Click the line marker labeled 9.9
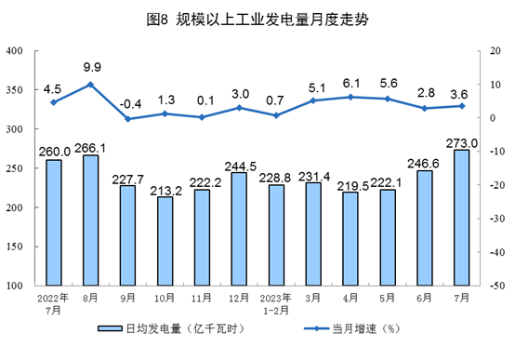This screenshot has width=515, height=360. pyautogui.click(x=90, y=85)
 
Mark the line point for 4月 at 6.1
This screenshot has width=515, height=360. pyautogui.click(x=350, y=97)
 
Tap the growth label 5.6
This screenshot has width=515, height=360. pyautogui.click(x=388, y=83)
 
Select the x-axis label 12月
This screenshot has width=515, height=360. pyautogui.click(x=239, y=299)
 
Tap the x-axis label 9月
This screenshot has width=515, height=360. pyautogui.click(x=127, y=299)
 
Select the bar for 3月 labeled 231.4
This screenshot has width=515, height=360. pyautogui.click(x=313, y=233)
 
